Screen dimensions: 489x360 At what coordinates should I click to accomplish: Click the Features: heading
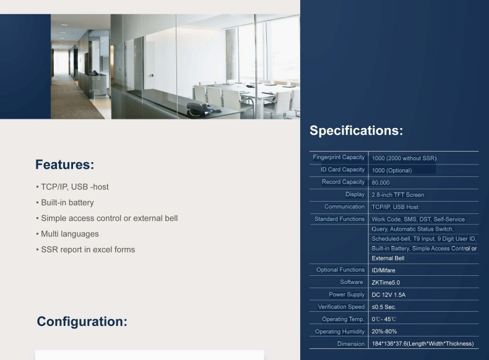click(x=64, y=165)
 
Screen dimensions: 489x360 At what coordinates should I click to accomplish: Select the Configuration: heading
click(x=82, y=322)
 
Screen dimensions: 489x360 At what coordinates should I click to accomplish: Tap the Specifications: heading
click(x=356, y=131)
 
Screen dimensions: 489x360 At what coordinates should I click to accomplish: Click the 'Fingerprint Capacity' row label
click(x=339, y=157)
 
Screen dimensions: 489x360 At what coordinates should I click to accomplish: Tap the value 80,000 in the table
click(x=381, y=182)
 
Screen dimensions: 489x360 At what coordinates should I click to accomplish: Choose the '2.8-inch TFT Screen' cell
click(x=398, y=195)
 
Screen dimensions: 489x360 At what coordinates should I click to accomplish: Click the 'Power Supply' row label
click(x=347, y=294)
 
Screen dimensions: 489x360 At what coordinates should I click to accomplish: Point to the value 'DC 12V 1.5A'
click(x=389, y=295)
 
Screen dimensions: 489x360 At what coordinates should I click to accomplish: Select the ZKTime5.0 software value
click(x=386, y=283)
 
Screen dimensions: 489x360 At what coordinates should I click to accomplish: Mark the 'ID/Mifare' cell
click(x=384, y=270)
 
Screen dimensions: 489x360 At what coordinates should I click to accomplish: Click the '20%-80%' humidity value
click(x=384, y=332)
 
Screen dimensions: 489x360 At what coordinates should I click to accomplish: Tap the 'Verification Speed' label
click(x=341, y=307)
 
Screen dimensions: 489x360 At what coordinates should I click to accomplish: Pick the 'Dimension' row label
click(x=351, y=344)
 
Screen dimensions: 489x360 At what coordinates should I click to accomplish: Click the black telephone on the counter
click(x=199, y=109)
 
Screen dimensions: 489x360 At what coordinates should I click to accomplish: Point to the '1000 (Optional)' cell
click(x=392, y=171)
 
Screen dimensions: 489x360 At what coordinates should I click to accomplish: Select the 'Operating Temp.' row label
click(x=343, y=319)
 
